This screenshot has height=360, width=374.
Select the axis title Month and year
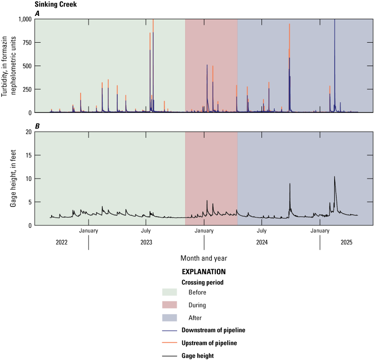click(x=203, y=258)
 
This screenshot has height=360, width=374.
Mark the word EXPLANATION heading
click(x=203, y=271)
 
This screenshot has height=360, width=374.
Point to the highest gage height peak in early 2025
click(x=334, y=177)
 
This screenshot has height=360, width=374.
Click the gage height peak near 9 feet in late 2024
click(x=290, y=184)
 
